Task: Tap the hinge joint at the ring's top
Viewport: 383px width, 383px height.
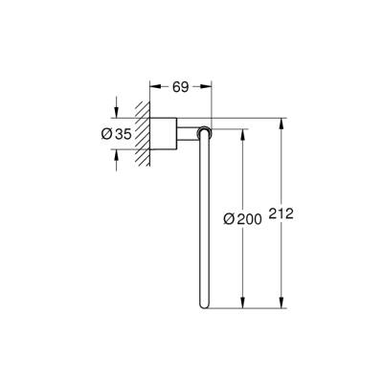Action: tap(205, 132)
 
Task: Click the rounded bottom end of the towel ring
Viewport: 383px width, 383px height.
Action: tap(205, 305)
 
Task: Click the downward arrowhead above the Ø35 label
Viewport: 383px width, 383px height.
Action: tap(116, 113)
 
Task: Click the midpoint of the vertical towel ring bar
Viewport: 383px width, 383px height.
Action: tap(205, 220)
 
